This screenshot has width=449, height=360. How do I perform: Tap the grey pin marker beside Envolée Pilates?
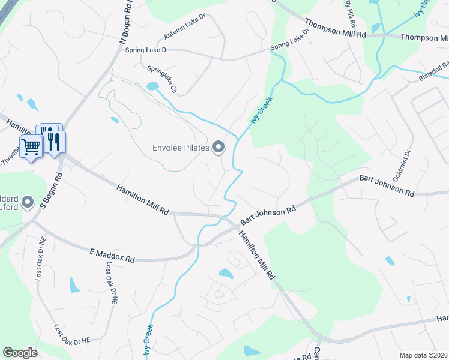(x=219, y=146)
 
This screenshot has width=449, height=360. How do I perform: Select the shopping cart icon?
(x=31, y=145)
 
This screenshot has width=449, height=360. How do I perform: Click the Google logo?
(x=20, y=353)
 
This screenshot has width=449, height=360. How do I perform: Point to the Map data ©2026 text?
(x=424, y=355)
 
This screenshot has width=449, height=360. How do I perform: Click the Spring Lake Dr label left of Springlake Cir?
(x=147, y=50)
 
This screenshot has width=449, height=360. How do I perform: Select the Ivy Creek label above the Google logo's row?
(x=148, y=338)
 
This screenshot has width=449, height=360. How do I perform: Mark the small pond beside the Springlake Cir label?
(x=152, y=86)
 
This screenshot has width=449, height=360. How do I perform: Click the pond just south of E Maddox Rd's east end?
(x=226, y=274)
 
